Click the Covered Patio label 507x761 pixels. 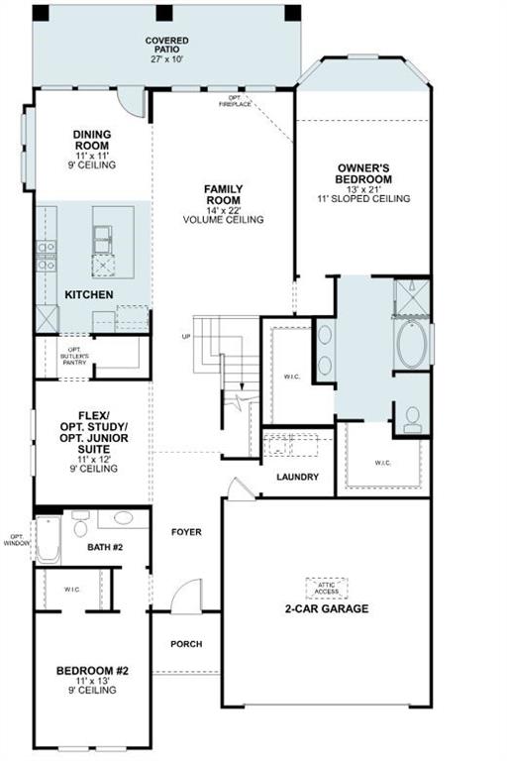pos(166,50)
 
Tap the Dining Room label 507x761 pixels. pos(92,145)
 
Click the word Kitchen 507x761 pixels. pos(89,295)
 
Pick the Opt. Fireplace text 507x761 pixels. pos(234,101)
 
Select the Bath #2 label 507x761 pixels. pos(104,546)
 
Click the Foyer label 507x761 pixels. pos(185,532)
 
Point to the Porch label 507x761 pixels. pos(186,644)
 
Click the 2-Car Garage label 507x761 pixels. pos(327,608)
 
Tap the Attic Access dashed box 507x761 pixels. pos(327,588)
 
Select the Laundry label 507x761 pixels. pos(297,478)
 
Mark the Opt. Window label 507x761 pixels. pos(17,540)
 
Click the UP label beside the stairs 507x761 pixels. pos(185,336)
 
